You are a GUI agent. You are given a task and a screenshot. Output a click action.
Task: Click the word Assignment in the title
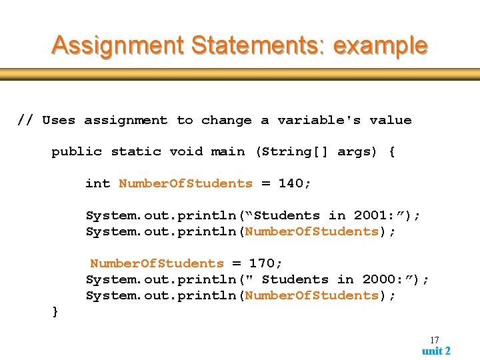click(117, 46)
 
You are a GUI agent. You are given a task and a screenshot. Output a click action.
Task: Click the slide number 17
click(435, 340)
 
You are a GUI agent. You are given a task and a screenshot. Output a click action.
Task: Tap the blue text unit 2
click(436, 351)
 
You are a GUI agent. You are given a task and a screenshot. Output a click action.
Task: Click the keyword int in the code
click(97, 183)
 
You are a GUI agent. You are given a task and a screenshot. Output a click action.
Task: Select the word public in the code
click(77, 151)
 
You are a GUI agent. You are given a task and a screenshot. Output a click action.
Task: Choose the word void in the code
click(185, 151)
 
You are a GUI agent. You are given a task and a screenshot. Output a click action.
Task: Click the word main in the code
click(227, 151)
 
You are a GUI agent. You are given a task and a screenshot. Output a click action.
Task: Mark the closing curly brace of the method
click(55, 311)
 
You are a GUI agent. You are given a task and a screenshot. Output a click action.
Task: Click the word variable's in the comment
click(319, 120)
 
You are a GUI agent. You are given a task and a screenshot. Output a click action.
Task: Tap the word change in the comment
click(227, 120)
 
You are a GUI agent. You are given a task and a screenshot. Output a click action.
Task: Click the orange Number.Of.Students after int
click(185, 183)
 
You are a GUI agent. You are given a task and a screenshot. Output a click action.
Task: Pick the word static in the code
click(135, 151)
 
